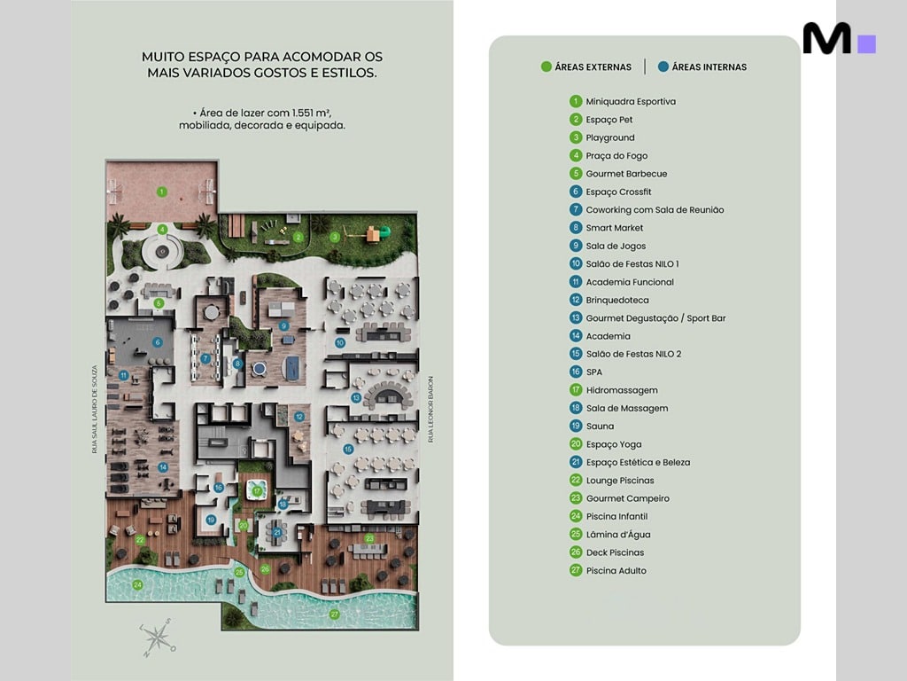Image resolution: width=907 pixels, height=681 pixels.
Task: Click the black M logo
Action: coord(826,39)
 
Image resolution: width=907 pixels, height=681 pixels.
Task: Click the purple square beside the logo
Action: coord(867,43)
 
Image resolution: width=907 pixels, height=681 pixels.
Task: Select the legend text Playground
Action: coord(609,137)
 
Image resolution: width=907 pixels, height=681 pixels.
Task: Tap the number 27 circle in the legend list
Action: coord(576,571)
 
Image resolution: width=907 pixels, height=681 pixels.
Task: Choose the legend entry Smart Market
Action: coord(614,228)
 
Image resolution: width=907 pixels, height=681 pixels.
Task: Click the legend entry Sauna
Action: coord(600,427)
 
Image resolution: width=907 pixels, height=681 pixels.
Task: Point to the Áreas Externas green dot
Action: coord(547,67)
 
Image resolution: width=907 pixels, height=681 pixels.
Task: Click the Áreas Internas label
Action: coord(709,67)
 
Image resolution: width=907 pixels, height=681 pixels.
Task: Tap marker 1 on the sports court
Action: coord(162,191)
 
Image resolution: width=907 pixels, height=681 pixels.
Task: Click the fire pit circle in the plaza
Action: coord(162,253)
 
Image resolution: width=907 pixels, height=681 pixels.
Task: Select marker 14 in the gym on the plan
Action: coord(163,467)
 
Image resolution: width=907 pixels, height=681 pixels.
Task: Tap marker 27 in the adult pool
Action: coord(334,614)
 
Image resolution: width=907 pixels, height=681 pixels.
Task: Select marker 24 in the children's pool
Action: coord(137,584)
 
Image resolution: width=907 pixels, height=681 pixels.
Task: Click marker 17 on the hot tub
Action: coord(257,490)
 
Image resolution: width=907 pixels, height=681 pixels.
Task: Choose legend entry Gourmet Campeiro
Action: coord(627,498)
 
